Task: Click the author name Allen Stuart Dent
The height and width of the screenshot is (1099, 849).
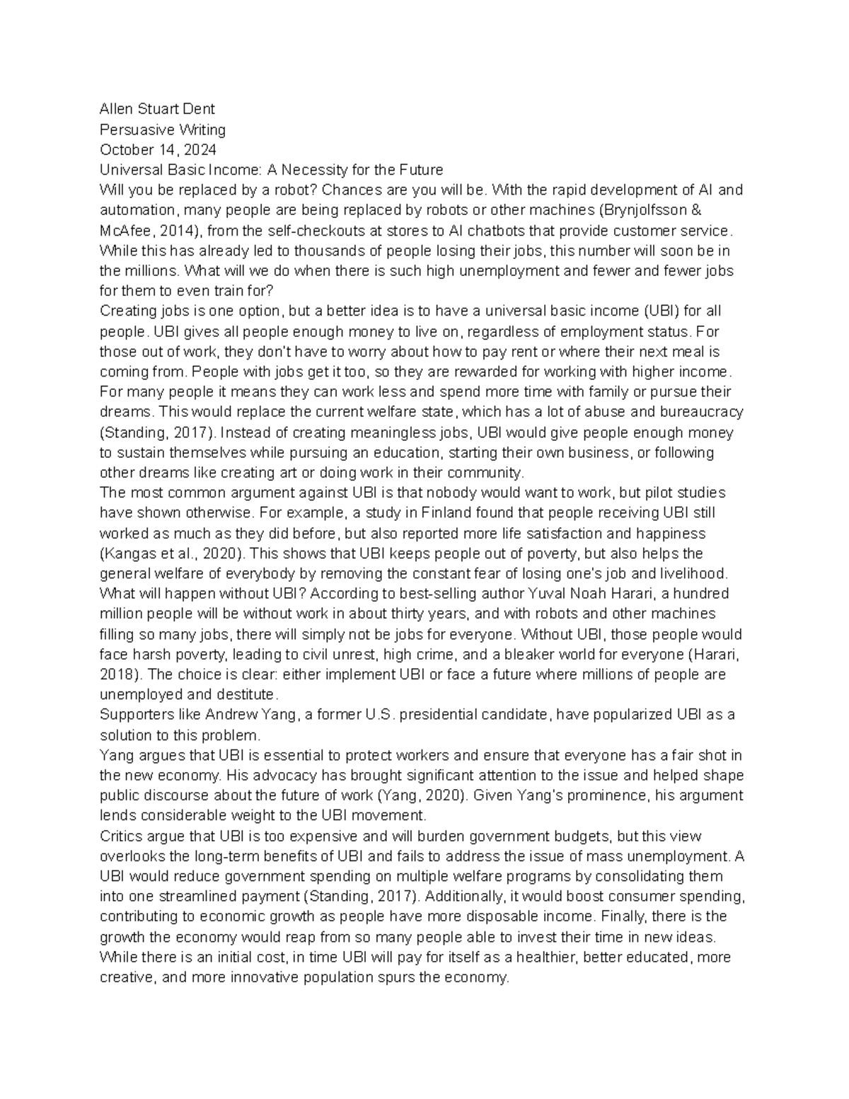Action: click(157, 109)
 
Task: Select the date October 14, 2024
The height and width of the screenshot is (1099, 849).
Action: click(158, 149)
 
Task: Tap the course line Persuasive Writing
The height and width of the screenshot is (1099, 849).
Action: click(163, 130)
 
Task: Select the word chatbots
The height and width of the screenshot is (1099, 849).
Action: click(495, 231)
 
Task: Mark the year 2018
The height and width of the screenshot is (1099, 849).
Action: click(117, 674)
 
